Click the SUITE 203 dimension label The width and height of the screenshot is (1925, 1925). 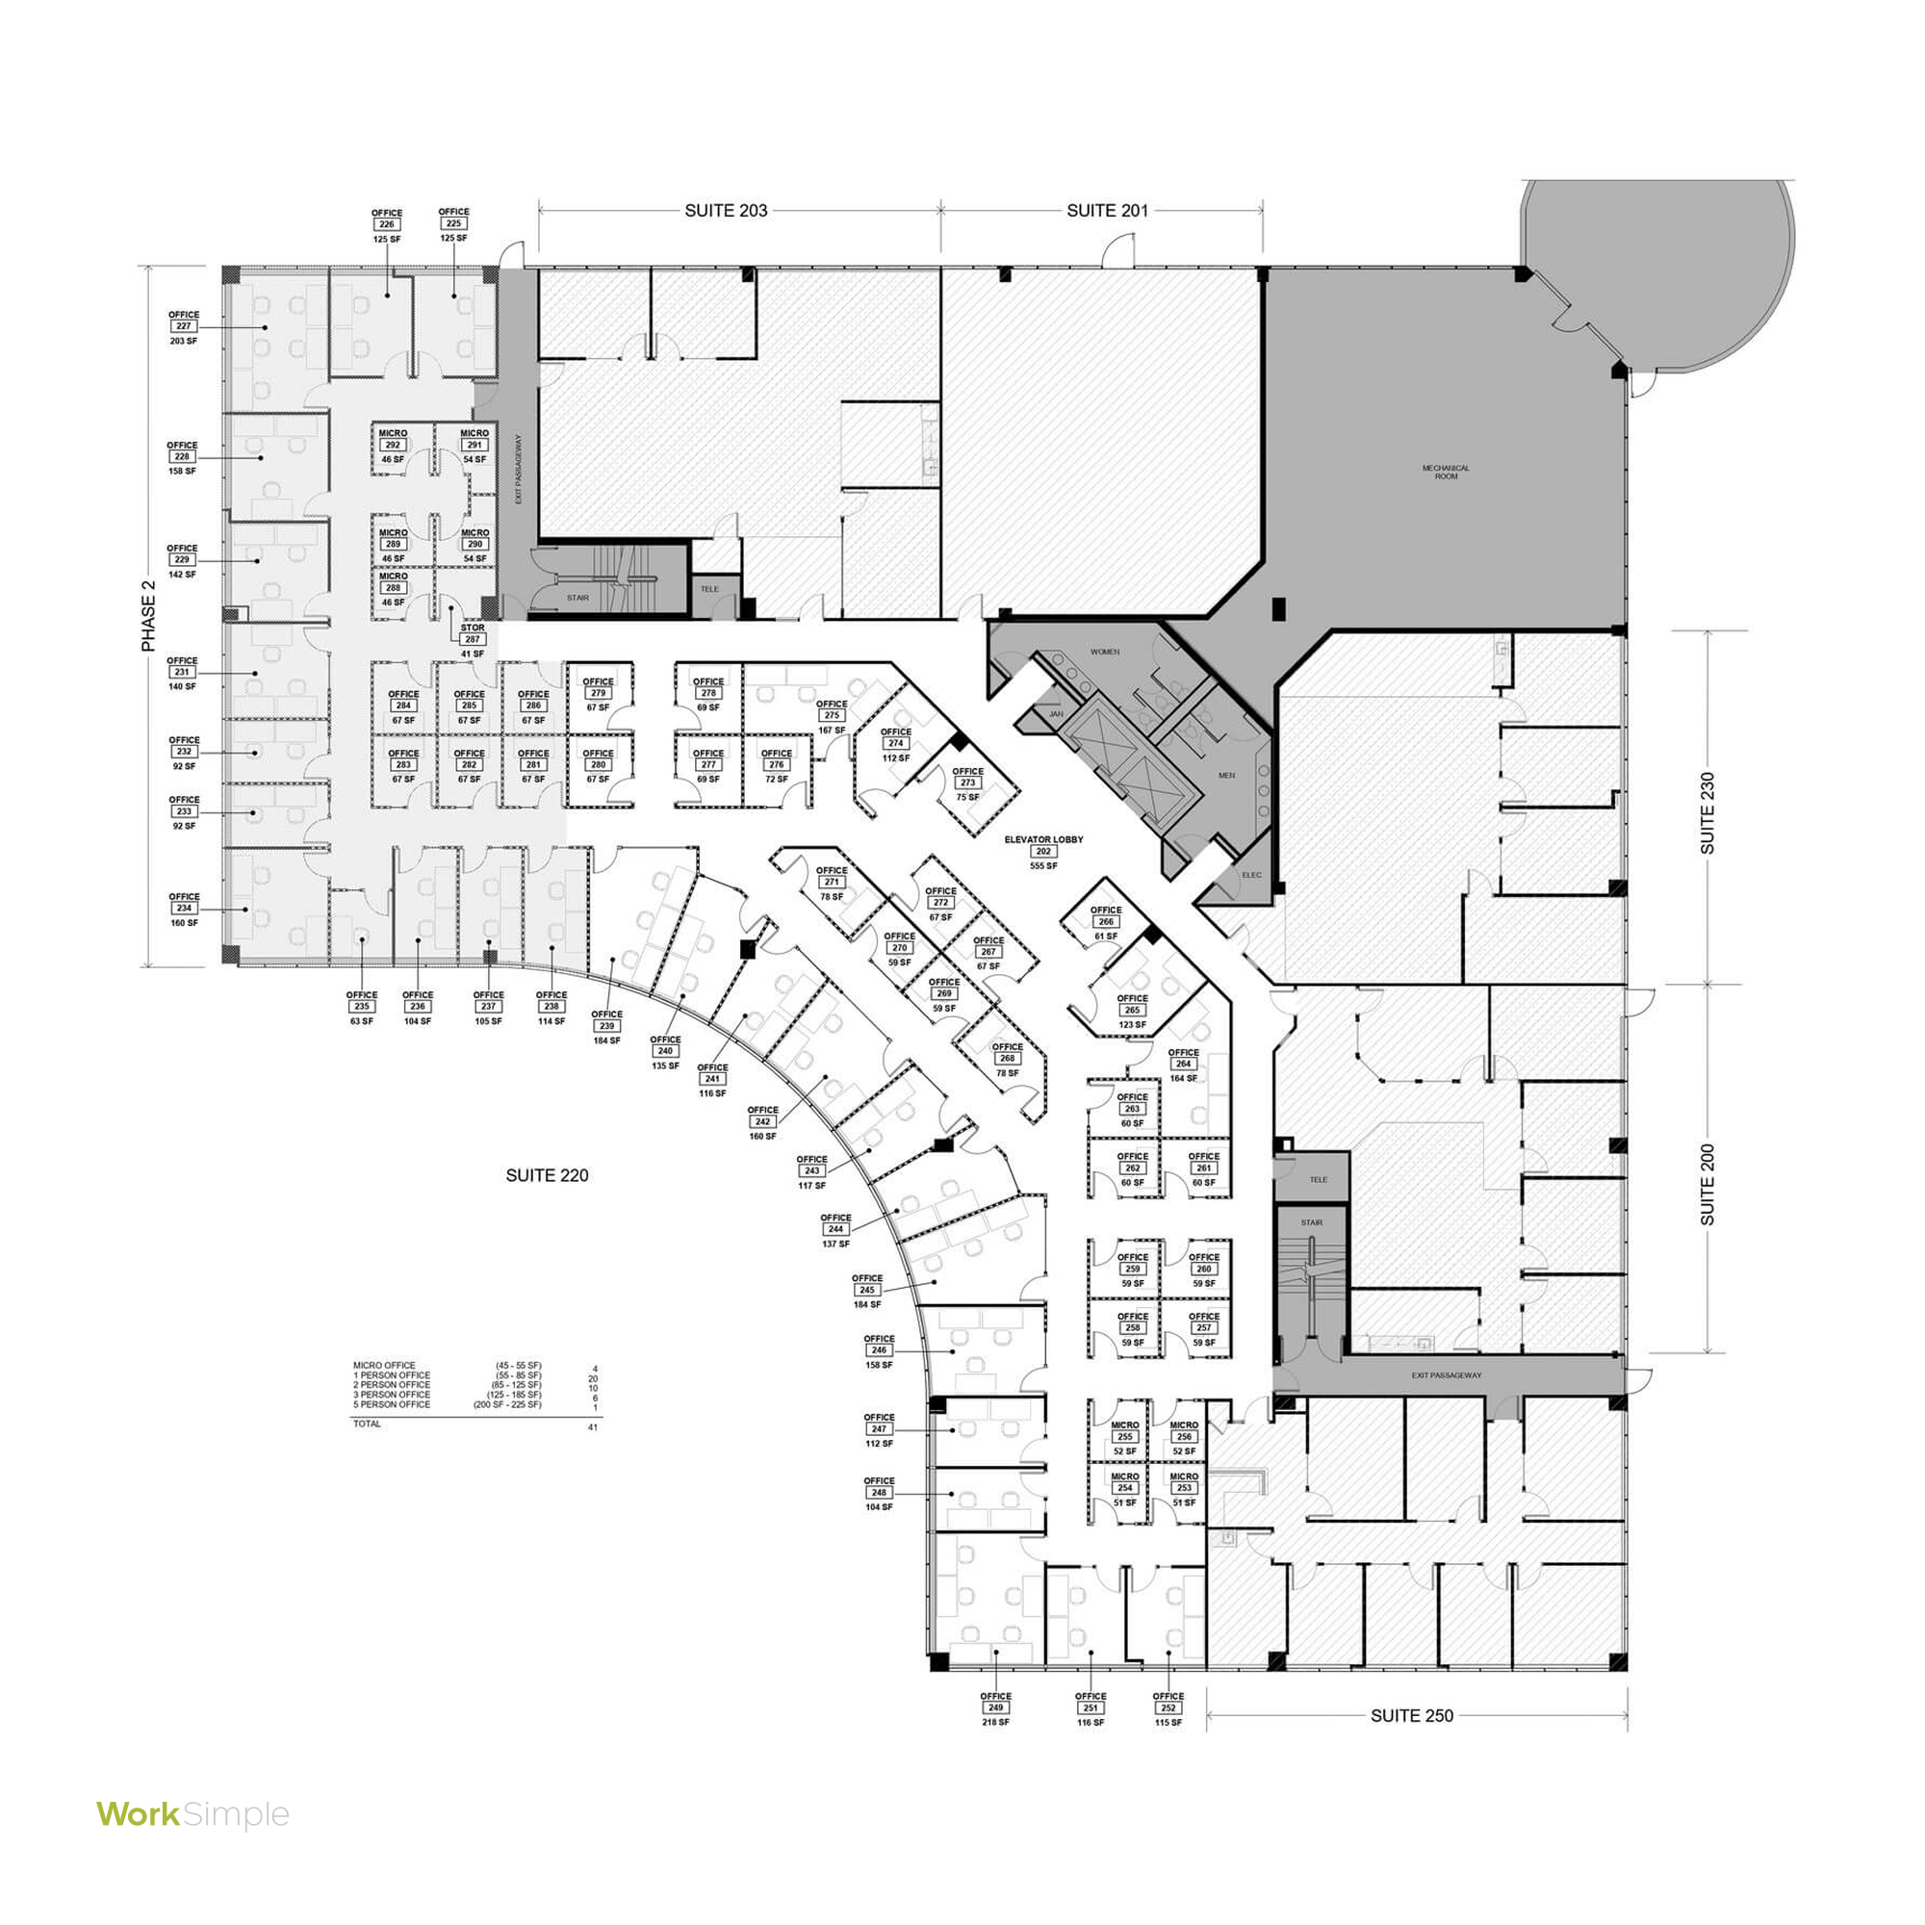(x=726, y=211)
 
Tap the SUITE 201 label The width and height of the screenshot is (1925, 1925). (x=1107, y=211)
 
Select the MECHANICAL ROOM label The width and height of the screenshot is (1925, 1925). (x=1445, y=473)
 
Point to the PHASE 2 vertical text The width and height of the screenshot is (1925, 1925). (x=149, y=616)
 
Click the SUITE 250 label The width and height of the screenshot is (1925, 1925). (x=1411, y=1716)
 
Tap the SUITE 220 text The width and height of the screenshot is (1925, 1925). (x=547, y=1176)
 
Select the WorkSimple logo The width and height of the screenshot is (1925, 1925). (x=192, y=1814)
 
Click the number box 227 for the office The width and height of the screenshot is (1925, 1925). (x=183, y=327)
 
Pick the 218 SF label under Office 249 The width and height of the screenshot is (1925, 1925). (x=995, y=1722)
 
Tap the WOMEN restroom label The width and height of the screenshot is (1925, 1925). (x=1104, y=652)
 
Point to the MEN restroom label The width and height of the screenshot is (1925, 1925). (x=1226, y=775)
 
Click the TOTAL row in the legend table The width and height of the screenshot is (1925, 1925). (x=368, y=1424)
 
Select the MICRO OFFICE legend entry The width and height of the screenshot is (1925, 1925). (x=385, y=1365)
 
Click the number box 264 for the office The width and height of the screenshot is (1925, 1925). (x=1184, y=1065)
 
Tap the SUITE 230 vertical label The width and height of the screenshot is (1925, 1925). (x=1707, y=813)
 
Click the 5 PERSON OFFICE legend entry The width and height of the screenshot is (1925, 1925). (x=392, y=1404)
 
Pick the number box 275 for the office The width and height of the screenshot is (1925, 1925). (x=832, y=715)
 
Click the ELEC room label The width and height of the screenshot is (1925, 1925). (x=1251, y=875)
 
